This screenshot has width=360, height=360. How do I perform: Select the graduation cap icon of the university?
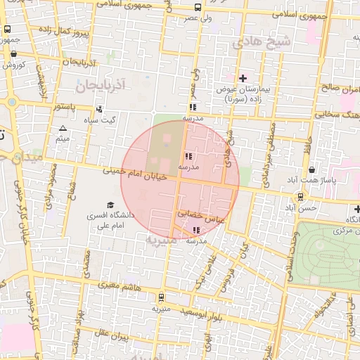[x=110, y=204]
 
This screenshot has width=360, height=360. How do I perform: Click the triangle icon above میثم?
[x=63, y=129]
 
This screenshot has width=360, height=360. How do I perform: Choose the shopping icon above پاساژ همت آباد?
[x=311, y=169]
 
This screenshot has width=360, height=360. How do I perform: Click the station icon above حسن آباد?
[x=301, y=197]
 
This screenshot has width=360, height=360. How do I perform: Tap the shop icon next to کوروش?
[x=13, y=53]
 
